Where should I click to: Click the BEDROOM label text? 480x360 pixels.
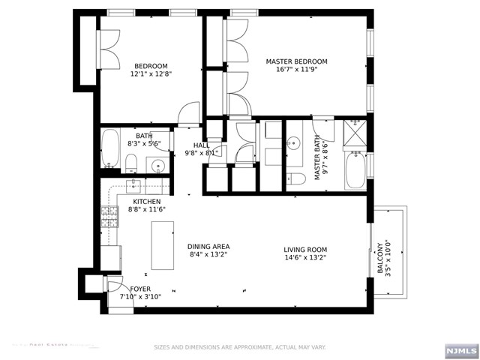(151, 66)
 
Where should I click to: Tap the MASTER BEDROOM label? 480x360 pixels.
(297, 61)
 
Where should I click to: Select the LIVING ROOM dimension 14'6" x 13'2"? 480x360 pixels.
(304, 258)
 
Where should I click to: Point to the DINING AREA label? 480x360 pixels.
(208, 247)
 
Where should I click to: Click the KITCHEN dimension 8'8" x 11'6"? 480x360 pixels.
(146, 210)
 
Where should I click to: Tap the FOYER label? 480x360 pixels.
(140, 289)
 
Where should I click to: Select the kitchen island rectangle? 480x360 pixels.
(163, 245)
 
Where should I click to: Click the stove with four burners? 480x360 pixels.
(109, 217)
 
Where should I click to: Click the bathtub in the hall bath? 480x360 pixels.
(110, 149)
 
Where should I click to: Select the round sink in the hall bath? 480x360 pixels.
(157, 165)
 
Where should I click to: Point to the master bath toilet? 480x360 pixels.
(297, 178)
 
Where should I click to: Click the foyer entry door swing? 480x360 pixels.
(114, 286)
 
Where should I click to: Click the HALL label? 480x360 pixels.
(201, 145)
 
